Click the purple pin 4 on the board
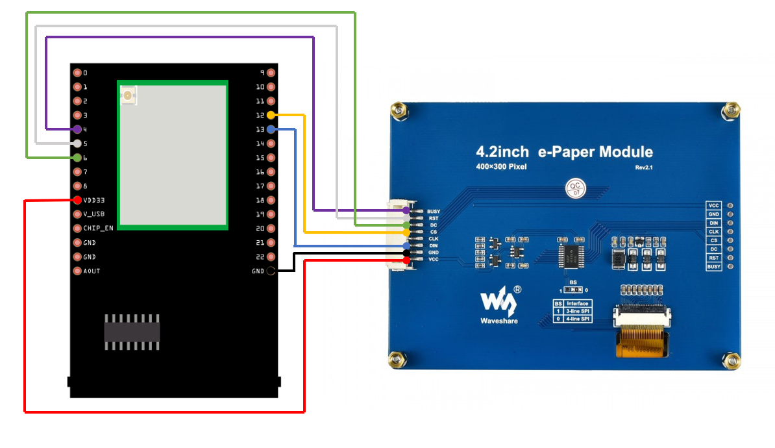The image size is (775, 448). point(78,129)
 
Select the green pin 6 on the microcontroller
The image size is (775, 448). point(78,157)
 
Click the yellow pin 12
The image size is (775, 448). point(271,115)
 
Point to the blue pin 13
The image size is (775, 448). point(271,129)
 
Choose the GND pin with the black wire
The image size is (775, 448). point(271,271)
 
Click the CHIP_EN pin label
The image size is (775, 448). point(98,228)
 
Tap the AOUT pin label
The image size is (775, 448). point(92,271)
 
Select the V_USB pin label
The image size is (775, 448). point(93,214)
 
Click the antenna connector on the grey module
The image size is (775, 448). point(127,96)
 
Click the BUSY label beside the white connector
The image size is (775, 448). point(434,212)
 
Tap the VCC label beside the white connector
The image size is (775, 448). point(432,260)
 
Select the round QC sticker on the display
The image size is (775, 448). point(574,188)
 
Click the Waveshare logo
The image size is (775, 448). point(498,305)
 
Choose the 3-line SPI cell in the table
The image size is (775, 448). point(577,311)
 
